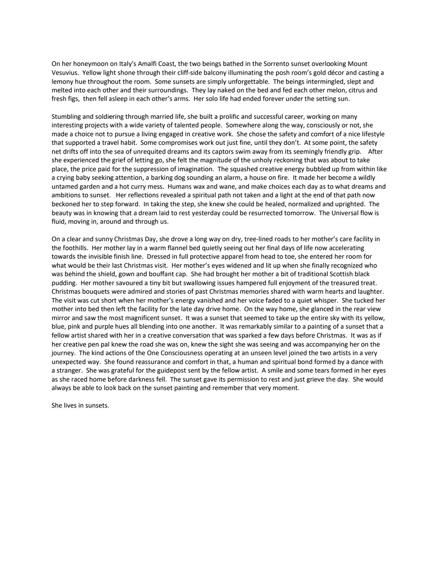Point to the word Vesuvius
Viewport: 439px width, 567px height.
(x=65, y=73)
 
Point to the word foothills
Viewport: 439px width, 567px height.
(x=76, y=248)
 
